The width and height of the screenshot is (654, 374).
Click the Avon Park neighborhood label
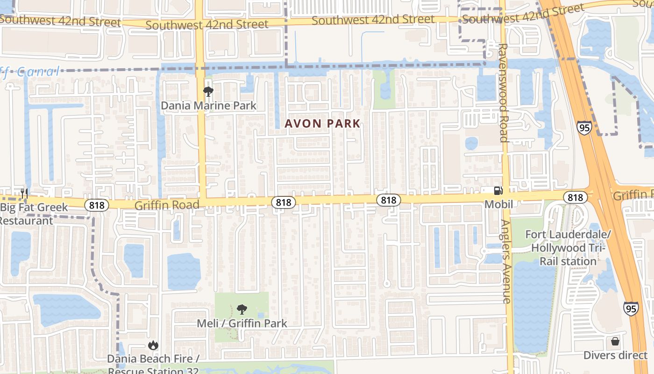tap(322, 123)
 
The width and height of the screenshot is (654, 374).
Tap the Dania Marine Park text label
tap(208, 106)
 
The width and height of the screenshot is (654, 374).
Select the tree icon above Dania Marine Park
tap(208, 92)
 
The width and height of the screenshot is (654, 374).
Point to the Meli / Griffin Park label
tap(242, 323)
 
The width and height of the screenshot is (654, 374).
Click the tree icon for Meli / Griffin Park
tap(242, 309)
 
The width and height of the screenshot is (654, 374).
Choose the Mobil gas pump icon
tap(498, 191)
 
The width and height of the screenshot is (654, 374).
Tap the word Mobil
tap(498, 204)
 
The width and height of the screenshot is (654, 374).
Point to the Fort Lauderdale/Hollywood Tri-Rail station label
tap(568, 248)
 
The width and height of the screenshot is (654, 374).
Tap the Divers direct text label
tap(615, 355)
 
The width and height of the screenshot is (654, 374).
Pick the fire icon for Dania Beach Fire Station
tap(153, 345)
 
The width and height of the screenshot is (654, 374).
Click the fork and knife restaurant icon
tap(24, 193)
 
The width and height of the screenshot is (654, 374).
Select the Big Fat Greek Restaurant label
tap(33, 214)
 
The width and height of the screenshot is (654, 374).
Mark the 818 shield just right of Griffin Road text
tap(283, 202)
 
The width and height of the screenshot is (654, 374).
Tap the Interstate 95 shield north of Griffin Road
tap(584, 127)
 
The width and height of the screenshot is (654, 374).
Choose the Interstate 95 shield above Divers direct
tap(631, 309)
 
